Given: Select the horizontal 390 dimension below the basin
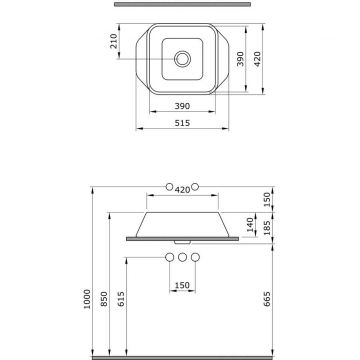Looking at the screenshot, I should [181, 104].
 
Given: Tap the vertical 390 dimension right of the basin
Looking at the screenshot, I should [239, 60].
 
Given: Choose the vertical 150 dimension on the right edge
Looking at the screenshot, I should [267, 198].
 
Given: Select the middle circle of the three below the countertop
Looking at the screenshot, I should [181, 260].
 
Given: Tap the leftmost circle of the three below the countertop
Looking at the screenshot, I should [167, 260].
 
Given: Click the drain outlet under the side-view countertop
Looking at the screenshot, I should [181, 242].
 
